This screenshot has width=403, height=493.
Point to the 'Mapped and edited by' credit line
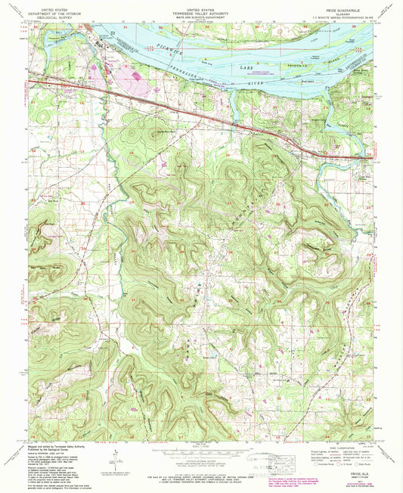[x=53, y=446]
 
